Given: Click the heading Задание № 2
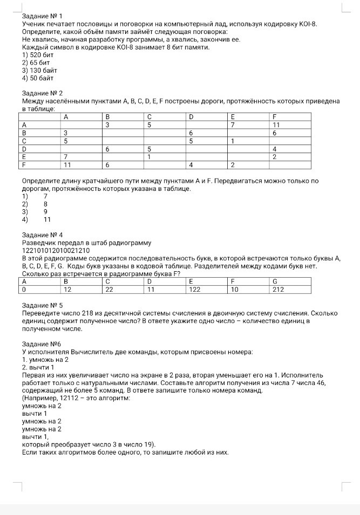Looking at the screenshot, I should [x=39, y=93].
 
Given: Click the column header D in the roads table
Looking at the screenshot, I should [x=191, y=116].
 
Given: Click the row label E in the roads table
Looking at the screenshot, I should [x=24, y=156].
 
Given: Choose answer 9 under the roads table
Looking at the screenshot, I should [x=46, y=212].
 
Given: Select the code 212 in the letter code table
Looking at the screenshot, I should [x=278, y=289].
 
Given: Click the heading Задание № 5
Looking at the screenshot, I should [x=39, y=305].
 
